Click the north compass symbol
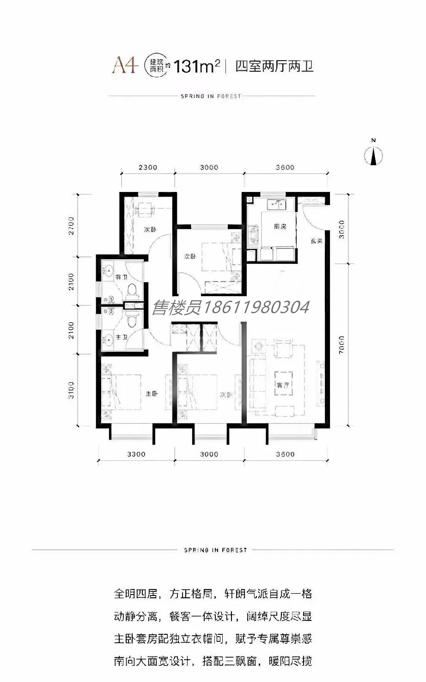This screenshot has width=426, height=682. [374, 155]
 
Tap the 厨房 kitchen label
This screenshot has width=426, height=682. [280, 227]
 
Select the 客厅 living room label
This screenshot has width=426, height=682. [283, 385]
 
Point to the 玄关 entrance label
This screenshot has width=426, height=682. [316, 241]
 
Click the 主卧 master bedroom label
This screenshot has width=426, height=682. [152, 393]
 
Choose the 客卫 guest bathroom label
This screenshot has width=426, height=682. [121, 277]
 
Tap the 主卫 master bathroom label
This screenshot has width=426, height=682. [122, 337]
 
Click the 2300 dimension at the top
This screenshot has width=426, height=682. [148, 167]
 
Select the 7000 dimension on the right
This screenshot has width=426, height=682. [341, 344]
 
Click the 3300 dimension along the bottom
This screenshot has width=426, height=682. [136, 454]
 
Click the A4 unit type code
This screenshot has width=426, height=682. [125, 66]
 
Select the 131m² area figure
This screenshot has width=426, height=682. [197, 66]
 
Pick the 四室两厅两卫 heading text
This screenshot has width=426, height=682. [274, 66]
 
